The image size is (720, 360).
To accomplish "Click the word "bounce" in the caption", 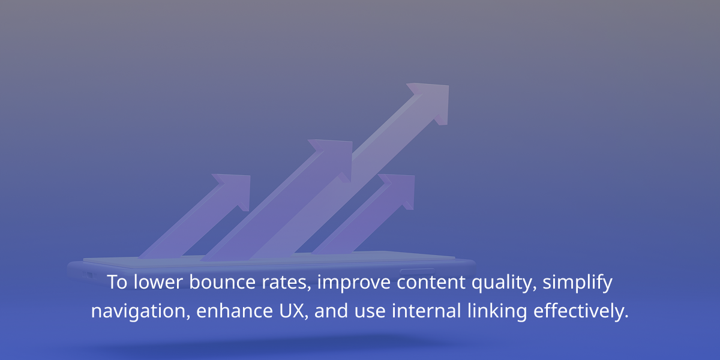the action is [x=222, y=282].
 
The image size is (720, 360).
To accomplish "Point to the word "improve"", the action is [x=353, y=283].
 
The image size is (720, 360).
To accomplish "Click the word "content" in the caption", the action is [x=431, y=282].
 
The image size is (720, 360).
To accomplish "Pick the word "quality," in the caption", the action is [x=504, y=283].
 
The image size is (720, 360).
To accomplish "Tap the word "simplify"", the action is [x=577, y=283].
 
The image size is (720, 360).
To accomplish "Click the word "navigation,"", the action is [x=140, y=311].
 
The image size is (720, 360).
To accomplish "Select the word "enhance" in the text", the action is [x=235, y=311].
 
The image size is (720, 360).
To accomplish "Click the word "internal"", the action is [x=426, y=311].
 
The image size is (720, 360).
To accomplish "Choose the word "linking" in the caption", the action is [x=497, y=311].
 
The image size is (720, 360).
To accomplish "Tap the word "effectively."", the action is [x=581, y=311].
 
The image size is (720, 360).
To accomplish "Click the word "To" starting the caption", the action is [x=117, y=282].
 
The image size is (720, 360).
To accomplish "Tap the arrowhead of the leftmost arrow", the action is [x=235, y=190].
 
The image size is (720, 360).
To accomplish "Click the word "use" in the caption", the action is [x=370, y=312].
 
